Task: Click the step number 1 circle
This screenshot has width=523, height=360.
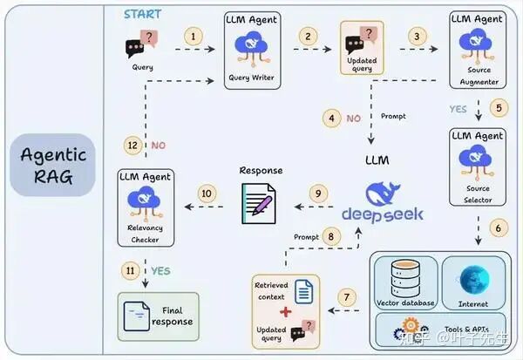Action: point(194,37)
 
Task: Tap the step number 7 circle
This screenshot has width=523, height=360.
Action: point(349,297)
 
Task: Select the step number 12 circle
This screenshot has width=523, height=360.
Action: point(132,145)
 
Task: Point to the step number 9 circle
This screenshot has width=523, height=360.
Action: point(318,193)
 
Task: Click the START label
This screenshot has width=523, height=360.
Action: point(141,14)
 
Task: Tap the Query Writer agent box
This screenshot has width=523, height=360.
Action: point(251,49)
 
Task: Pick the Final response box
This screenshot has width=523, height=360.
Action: point(158,316)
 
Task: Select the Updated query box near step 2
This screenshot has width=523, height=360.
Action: point(361,48)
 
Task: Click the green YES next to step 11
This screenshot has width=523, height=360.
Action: point(160,271)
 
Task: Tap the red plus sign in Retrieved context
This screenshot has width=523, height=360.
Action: point(283,312)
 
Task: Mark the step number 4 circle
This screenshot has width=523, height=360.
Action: point(330,118)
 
